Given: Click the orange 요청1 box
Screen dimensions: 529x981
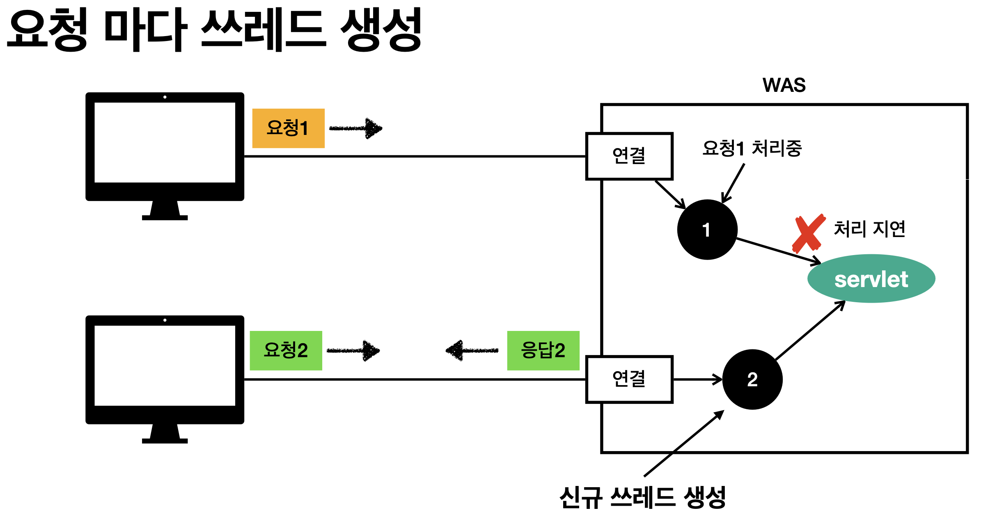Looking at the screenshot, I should pos(288,128).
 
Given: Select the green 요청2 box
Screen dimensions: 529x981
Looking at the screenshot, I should pos(286,350).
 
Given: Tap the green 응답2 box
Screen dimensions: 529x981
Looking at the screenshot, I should pos(543,350).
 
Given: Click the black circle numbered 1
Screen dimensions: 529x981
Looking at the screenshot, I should pos(707,230).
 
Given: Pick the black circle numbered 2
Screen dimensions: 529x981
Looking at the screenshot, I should pos(752,379).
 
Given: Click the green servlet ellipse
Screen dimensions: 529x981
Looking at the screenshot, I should pos(871,279).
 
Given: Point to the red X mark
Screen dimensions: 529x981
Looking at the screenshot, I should pos(808,233).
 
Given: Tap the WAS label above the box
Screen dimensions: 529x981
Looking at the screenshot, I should pos(784,85).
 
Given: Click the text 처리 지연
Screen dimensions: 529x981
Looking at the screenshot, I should pos(869,229).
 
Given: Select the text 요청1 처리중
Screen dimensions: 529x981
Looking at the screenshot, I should pos(752,148).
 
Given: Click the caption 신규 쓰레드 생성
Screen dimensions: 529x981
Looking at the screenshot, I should pos(642,498).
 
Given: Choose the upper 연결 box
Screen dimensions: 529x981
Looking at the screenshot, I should pos(629,156).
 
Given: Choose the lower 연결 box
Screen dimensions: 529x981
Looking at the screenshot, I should pos(629,379).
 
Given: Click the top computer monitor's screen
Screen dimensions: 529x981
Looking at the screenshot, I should pos(165,142).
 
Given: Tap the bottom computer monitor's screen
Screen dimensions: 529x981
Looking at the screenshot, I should pos(165,365).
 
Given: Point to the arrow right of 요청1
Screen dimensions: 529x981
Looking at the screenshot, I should pos(356,128).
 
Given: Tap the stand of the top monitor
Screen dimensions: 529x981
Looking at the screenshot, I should pos(165,210).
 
